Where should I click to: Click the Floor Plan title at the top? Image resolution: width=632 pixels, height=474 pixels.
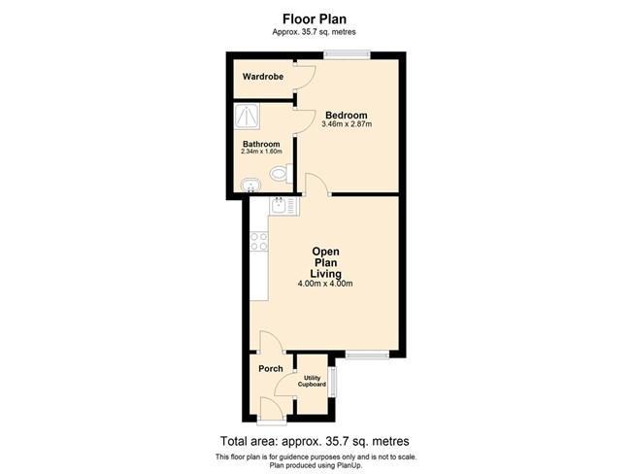click(314, 19)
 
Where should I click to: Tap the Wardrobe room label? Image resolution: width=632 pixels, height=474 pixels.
click(263, 76)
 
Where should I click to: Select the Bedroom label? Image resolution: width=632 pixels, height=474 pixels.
click(347, 116)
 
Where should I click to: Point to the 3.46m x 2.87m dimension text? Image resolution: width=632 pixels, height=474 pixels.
click(347, 124)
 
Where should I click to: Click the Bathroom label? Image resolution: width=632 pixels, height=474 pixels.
click(261, 144)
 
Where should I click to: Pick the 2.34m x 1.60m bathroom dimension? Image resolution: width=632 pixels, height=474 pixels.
click(261, 152)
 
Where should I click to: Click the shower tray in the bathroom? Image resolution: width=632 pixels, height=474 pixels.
click(248, 117)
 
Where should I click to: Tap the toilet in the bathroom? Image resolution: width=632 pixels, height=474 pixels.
click(282, 174)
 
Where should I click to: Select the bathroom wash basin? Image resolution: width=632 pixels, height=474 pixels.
click(250, 186)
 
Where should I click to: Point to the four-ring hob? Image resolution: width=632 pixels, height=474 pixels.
click(258, 241)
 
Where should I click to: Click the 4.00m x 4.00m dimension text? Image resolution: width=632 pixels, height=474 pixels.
click(325, 284)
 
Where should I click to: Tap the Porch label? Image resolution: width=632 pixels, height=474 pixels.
click(271, 369)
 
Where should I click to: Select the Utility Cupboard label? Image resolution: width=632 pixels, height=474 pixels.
click(312, 381)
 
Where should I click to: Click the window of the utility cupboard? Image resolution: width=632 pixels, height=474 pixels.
click(333, 382)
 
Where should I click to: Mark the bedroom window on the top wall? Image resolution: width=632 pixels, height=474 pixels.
click(347, 54)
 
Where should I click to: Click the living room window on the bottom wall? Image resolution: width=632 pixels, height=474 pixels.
click(367, 355)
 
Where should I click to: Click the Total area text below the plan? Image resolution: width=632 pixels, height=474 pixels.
click(315, 441)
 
